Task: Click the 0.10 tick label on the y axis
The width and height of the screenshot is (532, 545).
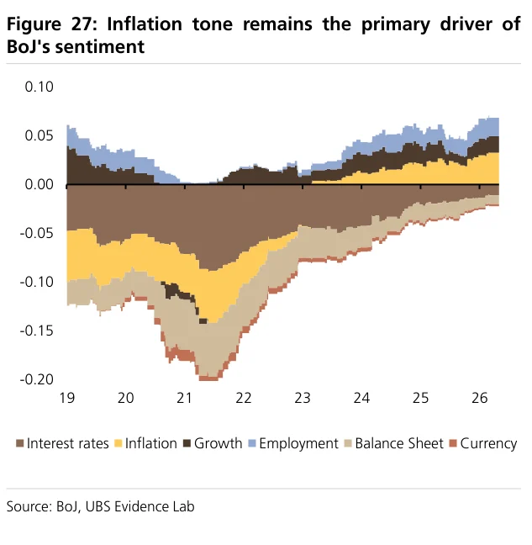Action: point(40,87)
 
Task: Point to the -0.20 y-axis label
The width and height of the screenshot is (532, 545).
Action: point(37,379)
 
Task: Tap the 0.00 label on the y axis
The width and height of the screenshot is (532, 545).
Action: point(40,184)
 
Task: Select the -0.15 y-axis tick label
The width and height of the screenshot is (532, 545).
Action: point(37,331)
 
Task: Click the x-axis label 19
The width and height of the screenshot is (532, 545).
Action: point(67,398)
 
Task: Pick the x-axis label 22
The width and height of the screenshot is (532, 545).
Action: point(244,398)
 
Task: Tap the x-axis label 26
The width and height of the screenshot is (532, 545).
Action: point(480,398)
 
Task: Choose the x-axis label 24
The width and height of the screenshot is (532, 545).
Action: point(361,398)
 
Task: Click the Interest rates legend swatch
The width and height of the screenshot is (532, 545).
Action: point(20,443)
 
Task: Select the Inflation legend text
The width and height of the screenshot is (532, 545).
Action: point(151,443)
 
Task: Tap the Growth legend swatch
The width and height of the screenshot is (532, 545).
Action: point(187,443)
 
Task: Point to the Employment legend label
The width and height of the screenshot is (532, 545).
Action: point(298,444)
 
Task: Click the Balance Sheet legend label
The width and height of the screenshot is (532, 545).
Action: point(399,443)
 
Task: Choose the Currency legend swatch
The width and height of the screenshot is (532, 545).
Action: point(453,443)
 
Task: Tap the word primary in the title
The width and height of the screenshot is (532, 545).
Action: point(396,25)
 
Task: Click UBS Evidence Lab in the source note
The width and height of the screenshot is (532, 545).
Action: point(140,506)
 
